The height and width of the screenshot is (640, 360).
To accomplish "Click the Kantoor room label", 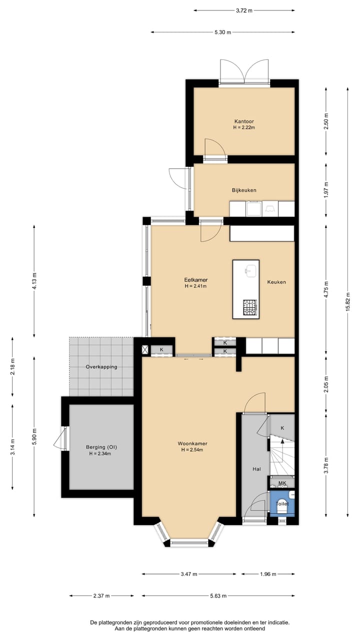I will [x=244, y=121].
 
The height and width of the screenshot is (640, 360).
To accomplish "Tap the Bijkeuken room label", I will [x=244, y=190].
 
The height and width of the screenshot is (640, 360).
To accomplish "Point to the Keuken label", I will [x=276, y=282].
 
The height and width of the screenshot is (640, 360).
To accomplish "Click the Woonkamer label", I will [x=192, y=443].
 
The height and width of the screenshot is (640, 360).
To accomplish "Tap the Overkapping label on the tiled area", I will [x=101, y=366].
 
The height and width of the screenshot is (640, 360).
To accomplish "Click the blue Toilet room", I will [x=282, y=504].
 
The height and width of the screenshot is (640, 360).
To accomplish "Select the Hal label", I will [x=257, y=469].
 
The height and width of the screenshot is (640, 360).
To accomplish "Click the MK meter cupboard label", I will [x=282, y=483].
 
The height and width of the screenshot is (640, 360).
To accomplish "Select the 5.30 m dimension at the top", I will [x=222, y=32].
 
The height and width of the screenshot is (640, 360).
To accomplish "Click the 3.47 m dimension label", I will [x=188, y=574].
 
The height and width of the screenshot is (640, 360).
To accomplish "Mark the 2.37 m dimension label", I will [x=101, y=596].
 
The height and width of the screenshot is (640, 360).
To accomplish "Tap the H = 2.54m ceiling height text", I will [x=192, y=450].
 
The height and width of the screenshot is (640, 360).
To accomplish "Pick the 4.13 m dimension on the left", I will [x=34, y=281].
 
